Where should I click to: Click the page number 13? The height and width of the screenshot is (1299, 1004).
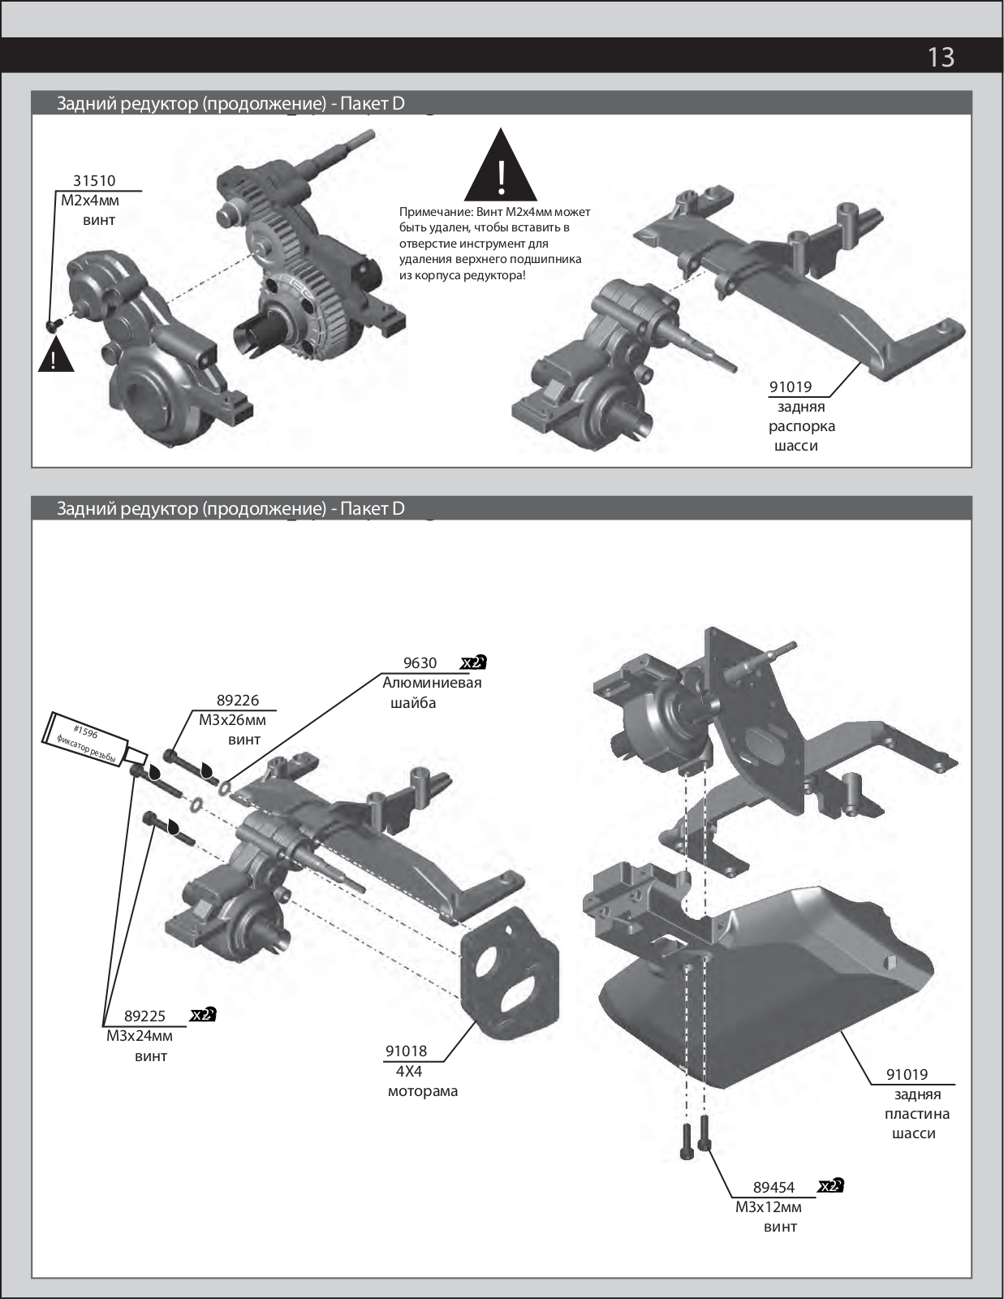[x=941, y=57]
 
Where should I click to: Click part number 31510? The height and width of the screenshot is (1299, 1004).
[x=94, y=181]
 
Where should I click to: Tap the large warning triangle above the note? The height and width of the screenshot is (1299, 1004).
[x=501, y=167]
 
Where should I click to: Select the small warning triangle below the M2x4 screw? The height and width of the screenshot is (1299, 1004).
[x=55, y=357]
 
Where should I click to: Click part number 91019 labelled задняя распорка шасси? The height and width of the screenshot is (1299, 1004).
[x=791, y=387]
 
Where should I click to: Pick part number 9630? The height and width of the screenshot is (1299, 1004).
[x=420, y=663]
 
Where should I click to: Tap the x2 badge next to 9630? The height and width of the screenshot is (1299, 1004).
[x=473, y=662]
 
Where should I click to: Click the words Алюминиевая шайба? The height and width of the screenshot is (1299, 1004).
[x=431, y=693]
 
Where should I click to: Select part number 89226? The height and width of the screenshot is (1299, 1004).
[x=237, y=700]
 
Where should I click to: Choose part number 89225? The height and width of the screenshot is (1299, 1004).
[x=144, y=1016]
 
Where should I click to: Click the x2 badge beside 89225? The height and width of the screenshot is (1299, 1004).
[x=203, y=1015]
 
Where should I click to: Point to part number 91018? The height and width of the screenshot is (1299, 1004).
[x=406, y=1051]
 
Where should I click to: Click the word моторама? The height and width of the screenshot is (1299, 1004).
[x=422, y=1091]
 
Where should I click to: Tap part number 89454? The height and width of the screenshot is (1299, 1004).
[x=773, y=1187]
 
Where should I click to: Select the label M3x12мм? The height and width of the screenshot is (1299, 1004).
[x=768, y=1207]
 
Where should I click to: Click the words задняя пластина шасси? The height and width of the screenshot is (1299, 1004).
[x=916, y=1114]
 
